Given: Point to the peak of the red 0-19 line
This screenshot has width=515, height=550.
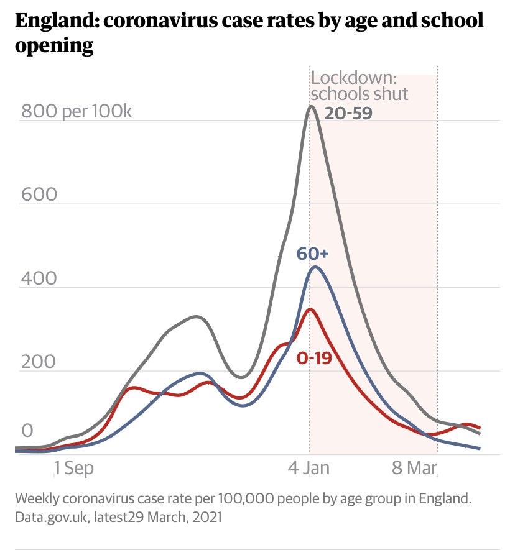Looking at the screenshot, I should coord(310,309).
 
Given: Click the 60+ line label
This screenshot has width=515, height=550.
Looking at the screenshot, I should coord(312,254).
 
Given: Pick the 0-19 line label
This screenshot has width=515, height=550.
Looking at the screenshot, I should coord(314,359).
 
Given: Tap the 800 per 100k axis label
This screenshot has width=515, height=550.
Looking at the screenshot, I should coord(77,112).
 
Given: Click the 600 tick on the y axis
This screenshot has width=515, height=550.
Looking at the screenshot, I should coord(39,195).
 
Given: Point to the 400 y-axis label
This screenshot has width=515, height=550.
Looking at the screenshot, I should coord(39,278).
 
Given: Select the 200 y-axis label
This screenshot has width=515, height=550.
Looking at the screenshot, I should coord(39,362).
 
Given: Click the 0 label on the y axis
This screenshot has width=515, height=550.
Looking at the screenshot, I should coord(27,431).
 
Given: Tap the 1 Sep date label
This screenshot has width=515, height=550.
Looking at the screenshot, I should coord(73,467).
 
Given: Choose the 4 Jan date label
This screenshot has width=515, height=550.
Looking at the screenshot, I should coord(309,467).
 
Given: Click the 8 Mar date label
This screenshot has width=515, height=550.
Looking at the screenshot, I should coord(415,467).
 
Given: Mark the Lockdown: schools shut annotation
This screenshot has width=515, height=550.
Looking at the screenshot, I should coord(360,86).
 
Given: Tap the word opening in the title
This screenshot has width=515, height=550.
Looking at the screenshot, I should coord(54,46).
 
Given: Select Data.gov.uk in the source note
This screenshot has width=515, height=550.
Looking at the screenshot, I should coord(52,516).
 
